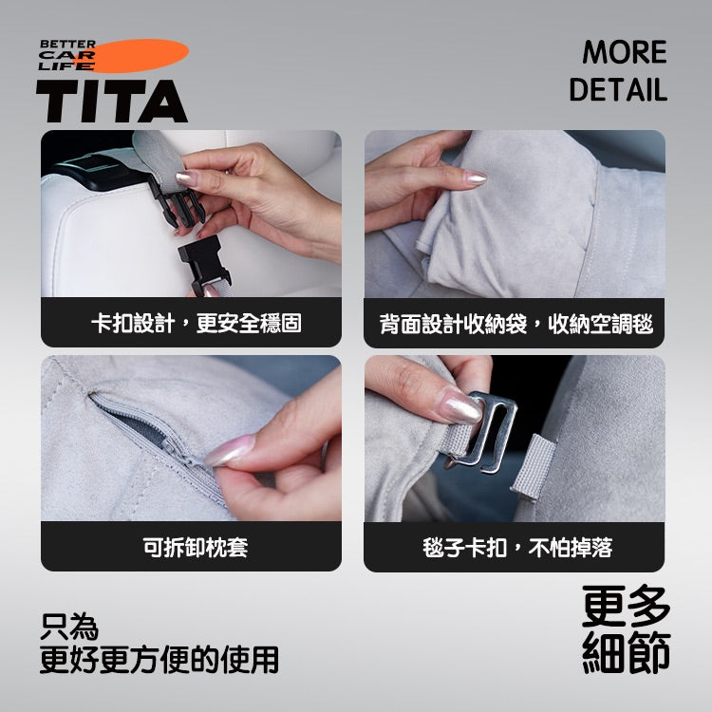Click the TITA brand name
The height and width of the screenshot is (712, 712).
[112, 101]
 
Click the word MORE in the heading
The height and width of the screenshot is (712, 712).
[624, 52]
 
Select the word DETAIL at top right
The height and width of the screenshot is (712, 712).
[618, 90]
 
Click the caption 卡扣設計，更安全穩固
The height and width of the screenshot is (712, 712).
[191, 324]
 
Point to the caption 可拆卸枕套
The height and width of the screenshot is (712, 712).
[191, 548]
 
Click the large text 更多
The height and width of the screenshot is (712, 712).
[627, 605]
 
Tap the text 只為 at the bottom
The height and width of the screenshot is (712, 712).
[69, 627]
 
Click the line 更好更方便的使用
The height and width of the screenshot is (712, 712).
[159, 659]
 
